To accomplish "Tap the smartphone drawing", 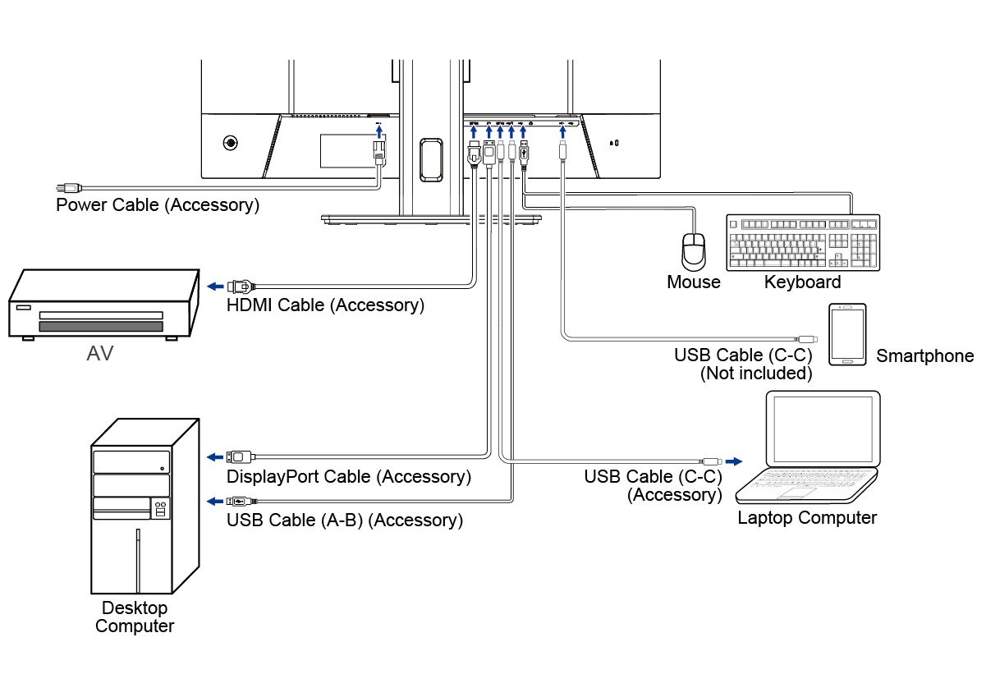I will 847,334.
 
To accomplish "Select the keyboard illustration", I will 803,242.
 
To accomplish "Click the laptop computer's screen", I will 822,429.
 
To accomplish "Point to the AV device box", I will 103,305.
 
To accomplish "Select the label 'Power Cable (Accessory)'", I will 158,205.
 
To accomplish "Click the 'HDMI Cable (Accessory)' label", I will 325,305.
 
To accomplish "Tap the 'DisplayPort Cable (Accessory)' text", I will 349,476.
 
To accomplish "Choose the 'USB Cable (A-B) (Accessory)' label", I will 345,520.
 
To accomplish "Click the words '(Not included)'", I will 755,374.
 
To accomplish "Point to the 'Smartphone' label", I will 924,356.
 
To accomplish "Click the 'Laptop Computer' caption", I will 807,518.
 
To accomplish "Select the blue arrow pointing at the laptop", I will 733,461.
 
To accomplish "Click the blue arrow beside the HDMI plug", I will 213,286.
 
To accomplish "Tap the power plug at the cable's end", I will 67,188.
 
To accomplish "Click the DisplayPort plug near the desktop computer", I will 240,456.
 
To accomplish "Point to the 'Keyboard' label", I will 802,282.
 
